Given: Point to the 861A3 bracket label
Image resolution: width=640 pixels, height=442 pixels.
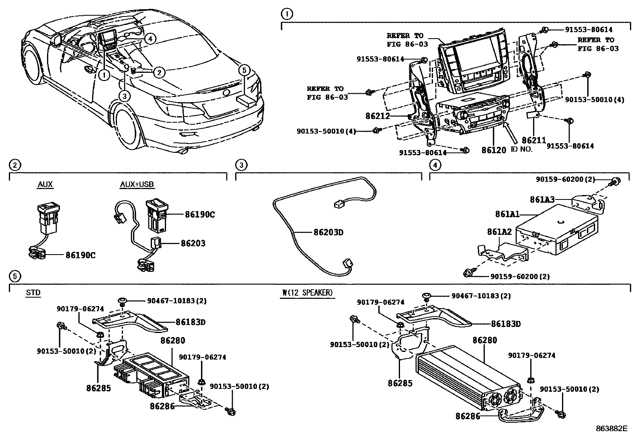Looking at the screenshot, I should [542, 199].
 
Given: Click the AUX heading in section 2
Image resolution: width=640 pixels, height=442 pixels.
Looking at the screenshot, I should [45, 185].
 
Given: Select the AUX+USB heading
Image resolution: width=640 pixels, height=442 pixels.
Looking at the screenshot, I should [137, 185].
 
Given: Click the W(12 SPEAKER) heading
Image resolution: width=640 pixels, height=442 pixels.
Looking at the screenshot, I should [308, 293].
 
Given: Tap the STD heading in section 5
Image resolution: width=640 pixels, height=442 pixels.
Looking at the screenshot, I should [33, 293].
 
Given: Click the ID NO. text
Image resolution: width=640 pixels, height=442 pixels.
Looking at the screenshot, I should [521, 149].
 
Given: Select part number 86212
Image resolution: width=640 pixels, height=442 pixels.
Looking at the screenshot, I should [377, 116].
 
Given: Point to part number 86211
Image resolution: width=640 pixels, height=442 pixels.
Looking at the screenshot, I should [534, 140].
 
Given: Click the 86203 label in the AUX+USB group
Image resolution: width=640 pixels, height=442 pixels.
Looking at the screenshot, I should [193, 243].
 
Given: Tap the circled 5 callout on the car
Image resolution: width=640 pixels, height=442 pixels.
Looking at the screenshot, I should [244, 71].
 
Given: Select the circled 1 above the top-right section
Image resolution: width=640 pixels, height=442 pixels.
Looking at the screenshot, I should [286, 14].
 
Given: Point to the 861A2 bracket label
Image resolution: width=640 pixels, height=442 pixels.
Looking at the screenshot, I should [499, 232].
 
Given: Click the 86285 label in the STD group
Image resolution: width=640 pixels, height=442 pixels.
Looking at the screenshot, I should [98, 388].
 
